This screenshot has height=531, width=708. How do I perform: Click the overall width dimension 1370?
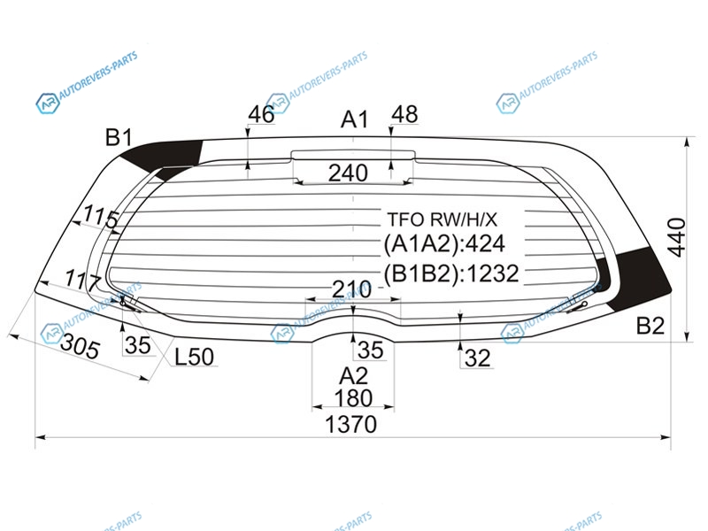point(350,425)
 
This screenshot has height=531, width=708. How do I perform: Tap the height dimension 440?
point(677,237)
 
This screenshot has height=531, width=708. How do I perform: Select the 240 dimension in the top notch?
point(348,173)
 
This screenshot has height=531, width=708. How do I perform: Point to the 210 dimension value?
point(351,289)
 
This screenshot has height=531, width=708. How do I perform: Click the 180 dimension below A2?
point(353,398)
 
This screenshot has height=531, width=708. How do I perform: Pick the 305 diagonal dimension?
point(80,346)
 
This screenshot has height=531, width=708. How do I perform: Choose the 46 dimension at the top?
point(261,114)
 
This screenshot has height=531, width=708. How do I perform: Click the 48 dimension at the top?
point(404,114)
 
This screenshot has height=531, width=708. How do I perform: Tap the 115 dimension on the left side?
point(101,217)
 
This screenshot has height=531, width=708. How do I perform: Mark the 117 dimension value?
point(82,280)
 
